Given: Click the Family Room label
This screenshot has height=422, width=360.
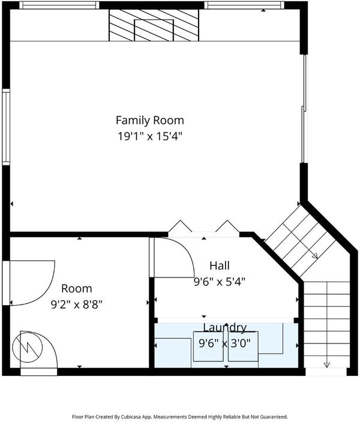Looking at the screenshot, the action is point(150,120).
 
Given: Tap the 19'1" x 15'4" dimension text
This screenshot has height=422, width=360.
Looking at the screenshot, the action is point(150,137).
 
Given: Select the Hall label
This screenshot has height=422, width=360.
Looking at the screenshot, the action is point(220,266).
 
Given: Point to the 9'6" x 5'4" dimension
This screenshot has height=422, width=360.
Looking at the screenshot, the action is point(220,282).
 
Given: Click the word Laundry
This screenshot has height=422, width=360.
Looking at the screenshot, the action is point(225,328).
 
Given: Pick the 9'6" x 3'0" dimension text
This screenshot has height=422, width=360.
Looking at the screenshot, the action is point(225,343).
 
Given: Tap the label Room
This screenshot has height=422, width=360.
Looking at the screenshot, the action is point(77,288).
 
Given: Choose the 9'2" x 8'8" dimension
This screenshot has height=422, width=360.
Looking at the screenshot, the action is point(77,305).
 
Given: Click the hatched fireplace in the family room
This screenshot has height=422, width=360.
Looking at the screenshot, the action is point(154,25).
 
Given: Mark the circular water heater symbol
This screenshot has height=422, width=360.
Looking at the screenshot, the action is point(28,347).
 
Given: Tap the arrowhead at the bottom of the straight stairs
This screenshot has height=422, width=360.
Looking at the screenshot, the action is point(327,365).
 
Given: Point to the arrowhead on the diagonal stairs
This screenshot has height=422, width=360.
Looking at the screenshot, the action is point(315,255).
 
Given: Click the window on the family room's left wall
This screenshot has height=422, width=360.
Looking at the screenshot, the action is point(6,126).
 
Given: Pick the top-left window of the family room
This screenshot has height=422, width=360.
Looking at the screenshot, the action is point(59,5).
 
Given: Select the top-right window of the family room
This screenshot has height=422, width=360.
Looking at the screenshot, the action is point(244,5).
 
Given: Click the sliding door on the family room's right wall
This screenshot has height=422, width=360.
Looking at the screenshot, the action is point(304,108).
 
